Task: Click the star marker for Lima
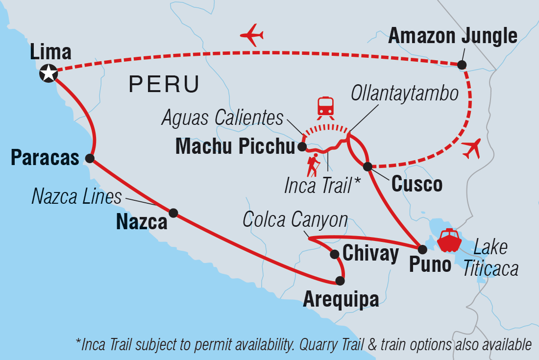coord(48,73)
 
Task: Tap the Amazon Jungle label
coord(452,36)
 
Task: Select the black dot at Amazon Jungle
coord(462,64)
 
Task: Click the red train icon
coord(325,107)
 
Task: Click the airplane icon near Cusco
coord(471,148)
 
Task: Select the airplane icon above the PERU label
coord(252,35)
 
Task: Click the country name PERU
coord(164,85)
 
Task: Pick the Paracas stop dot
coord(90,158)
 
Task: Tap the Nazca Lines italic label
coord(76,197)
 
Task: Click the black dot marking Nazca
coord(173,213)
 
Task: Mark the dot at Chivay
coord(335,254)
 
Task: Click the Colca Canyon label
coord(295,220)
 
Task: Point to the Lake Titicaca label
coord(490,259)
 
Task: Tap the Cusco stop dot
coord(367,166)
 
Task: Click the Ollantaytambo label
coord(405,94)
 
